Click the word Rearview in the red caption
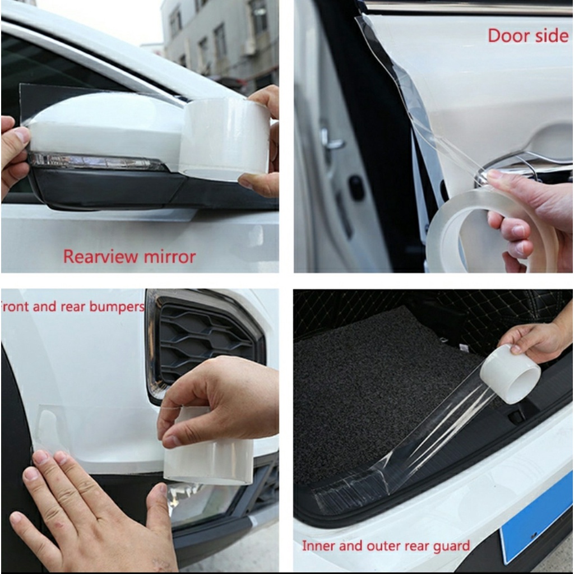(x=100, y=257)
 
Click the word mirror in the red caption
(x=170, y=257)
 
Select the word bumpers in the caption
(x=117, y=307)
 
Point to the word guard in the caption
(x=451, y=547)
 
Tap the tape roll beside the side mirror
(x=224, y=140)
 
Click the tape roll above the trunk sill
(x=510, y=374)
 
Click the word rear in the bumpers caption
(x=73, y=307)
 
